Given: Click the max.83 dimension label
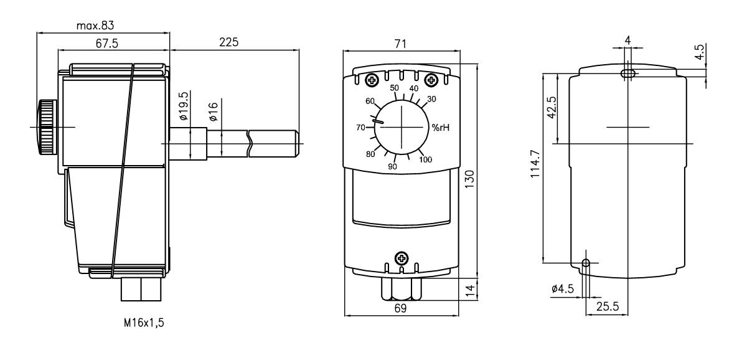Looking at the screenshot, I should (95, 26).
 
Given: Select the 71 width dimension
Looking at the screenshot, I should (401, 44).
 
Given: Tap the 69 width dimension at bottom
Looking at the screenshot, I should (401, 308).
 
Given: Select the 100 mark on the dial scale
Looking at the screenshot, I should (425, 159).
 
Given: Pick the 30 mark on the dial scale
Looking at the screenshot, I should (431, 99).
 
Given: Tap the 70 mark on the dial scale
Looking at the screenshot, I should (360, 128).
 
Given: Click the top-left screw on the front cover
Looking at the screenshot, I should (372, 80).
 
